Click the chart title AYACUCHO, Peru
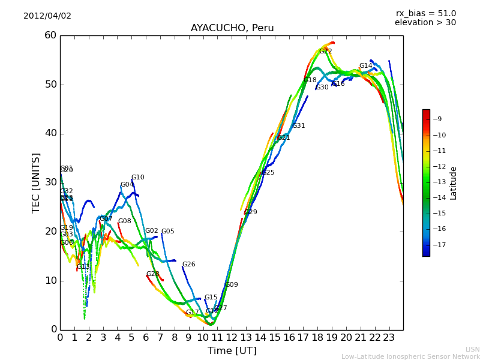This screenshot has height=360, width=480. [232, 28]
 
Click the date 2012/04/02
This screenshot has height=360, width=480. [47, 16]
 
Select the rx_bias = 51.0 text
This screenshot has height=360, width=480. [425, 13]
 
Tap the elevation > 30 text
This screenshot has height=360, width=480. [425, 23]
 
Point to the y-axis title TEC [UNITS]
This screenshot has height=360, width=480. [36, 182]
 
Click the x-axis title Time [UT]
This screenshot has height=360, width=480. [232, 350]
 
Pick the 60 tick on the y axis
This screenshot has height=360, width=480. [50, 35]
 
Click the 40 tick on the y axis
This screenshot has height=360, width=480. [50, 133]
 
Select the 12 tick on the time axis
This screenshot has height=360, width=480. [232, 337]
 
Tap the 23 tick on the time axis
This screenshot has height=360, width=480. [389, 337]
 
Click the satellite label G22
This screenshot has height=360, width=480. [325, 52]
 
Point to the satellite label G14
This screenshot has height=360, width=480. [366, 66]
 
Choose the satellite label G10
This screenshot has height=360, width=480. [138, 178]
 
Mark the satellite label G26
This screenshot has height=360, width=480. [189, 265]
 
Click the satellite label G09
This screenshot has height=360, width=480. [232, 285]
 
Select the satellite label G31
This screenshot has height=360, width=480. [299, 126]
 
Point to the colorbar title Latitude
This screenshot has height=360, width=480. [454, 182]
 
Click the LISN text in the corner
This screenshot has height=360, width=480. [472, 349]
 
